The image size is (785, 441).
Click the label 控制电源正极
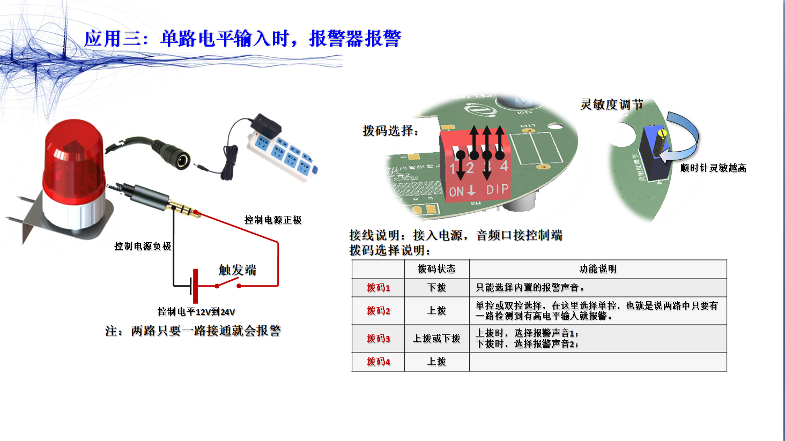(x=273, y=220)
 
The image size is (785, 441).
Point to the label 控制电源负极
(x=143, y=246)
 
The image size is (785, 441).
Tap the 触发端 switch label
(x=237, y=270)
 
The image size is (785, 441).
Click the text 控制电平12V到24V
(x=196, y=312)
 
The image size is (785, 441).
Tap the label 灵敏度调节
(x=611, y=104)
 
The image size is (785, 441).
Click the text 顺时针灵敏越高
(x=713, y=168)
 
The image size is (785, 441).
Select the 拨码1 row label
(x=378, y=288)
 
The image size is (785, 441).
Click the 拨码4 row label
(x=378, y=362)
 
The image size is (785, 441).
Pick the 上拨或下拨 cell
(x=436, y=339)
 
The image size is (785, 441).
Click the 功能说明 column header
(x=597, y=269)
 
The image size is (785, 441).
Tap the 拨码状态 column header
(x=436, y=269)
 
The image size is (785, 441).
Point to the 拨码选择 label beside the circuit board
(x=390, y=131)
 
